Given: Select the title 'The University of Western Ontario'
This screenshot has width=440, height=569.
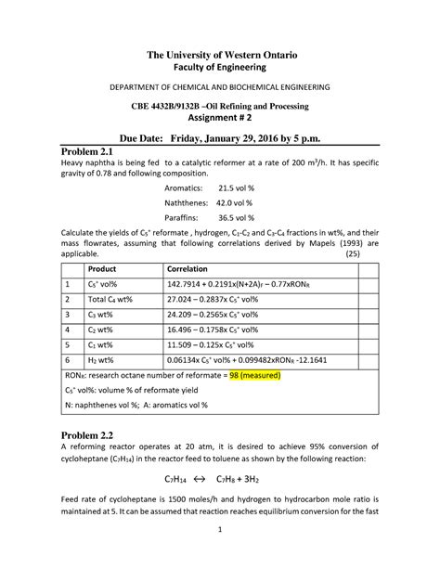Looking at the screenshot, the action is [x=220, y=54].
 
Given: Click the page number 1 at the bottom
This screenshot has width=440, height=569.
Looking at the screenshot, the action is [x=220, y=555].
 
